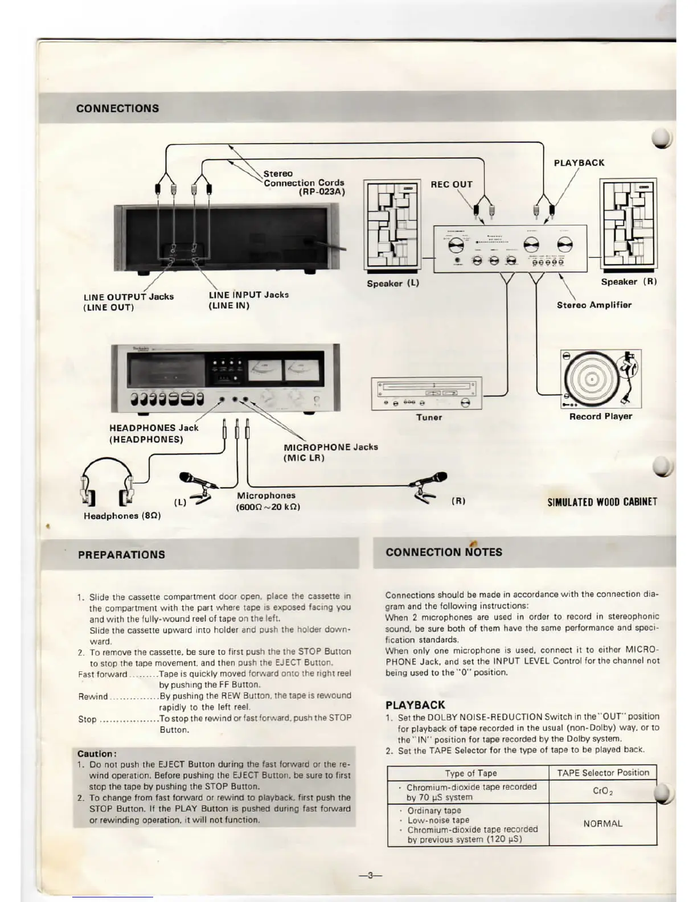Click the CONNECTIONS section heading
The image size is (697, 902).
(117, 108)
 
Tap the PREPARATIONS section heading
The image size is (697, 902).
(121, 555)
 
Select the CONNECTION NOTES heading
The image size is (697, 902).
(444, 552)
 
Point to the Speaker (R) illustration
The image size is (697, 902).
(629, 224)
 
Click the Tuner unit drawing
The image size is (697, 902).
(427, 393)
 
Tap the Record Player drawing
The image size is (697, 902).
(601, 379)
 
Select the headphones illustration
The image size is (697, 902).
(108, 484)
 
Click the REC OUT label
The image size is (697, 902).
(452, 184)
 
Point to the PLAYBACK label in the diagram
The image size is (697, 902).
(579, 163)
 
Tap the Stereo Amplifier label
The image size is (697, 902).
(594, 305)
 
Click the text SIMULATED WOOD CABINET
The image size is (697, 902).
(602, 502)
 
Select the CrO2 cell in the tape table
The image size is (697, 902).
(602, 791)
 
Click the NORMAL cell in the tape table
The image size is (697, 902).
(602, 823)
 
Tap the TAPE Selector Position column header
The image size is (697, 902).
(602, 773)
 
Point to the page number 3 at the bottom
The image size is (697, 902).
(370, 875)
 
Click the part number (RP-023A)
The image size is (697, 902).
(322, 192)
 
